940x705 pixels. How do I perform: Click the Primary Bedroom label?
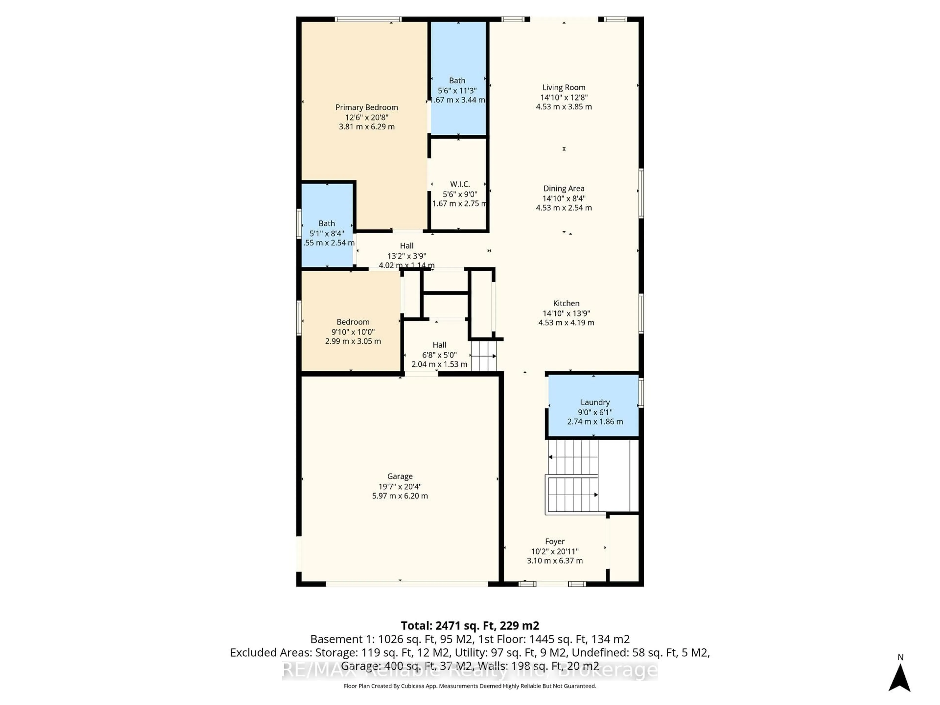(366, 107)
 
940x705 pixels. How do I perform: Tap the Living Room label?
(564, 88)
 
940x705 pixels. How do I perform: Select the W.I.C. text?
(460, 184)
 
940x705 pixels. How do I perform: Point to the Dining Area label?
(564, 188)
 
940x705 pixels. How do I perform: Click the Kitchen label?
(566, 303)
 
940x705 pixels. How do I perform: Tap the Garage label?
(399, 476)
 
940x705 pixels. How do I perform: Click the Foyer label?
(554, 541)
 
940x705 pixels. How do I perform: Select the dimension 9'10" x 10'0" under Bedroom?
(353, 332)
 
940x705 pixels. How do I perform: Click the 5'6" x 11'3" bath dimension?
(457, 91)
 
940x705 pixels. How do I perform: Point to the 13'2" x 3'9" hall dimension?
(406, 256)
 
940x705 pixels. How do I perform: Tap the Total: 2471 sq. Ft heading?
(470, 625)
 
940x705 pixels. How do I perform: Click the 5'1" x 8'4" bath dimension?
(326, 233)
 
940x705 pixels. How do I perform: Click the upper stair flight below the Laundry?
(573, 457)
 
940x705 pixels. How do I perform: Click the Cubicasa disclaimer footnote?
(470, 686)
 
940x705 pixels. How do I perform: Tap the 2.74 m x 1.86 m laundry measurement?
(595, 422)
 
